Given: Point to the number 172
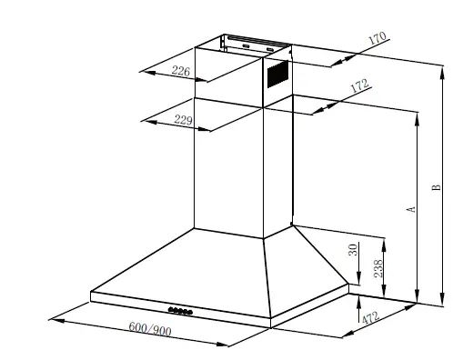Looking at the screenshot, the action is tap(359, 87).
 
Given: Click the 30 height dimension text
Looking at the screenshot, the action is tap(353, 249).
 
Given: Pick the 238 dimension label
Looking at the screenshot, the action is tap(353, 269).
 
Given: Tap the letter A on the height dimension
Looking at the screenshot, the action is tap(411, 209).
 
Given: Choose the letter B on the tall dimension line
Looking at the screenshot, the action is tap(437, 191).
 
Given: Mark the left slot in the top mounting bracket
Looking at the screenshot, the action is tap(246, 45).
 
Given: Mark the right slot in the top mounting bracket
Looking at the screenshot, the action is tap(272, 46).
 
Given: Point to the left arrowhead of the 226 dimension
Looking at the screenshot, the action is tap(146, 67).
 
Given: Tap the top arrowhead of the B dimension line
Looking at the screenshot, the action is tap(443, 67).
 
